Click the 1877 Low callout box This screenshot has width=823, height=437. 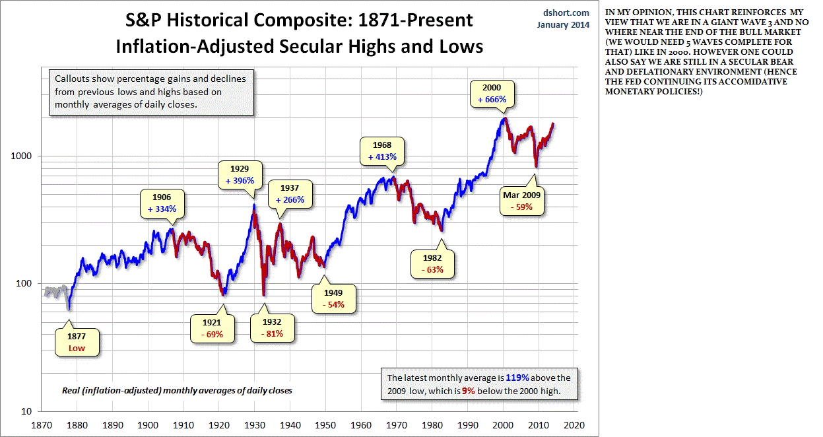(77, 342)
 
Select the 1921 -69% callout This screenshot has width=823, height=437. (213, 328)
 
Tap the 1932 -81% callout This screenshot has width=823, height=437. (273, 328)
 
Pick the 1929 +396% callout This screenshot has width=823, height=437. (240, 174)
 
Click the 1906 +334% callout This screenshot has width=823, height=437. (162, 203)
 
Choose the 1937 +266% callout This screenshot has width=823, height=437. (290, 194)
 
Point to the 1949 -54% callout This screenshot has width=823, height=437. (333, 299)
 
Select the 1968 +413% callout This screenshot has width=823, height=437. (382, 151)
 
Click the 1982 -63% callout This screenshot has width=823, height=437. (432, 264)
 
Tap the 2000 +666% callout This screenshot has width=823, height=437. (492, 94)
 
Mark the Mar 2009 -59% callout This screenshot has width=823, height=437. (522, 201)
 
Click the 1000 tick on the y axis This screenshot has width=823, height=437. (21, 156)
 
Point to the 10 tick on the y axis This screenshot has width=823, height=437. (26, 411)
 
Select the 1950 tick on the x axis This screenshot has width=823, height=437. (325, 425)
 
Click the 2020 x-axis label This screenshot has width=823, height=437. (574, 425)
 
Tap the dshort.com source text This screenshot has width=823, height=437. (566, 13)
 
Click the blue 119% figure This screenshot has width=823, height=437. (517, 378)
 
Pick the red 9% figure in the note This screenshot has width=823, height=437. (468, 391)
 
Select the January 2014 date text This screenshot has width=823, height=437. (563, 25)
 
